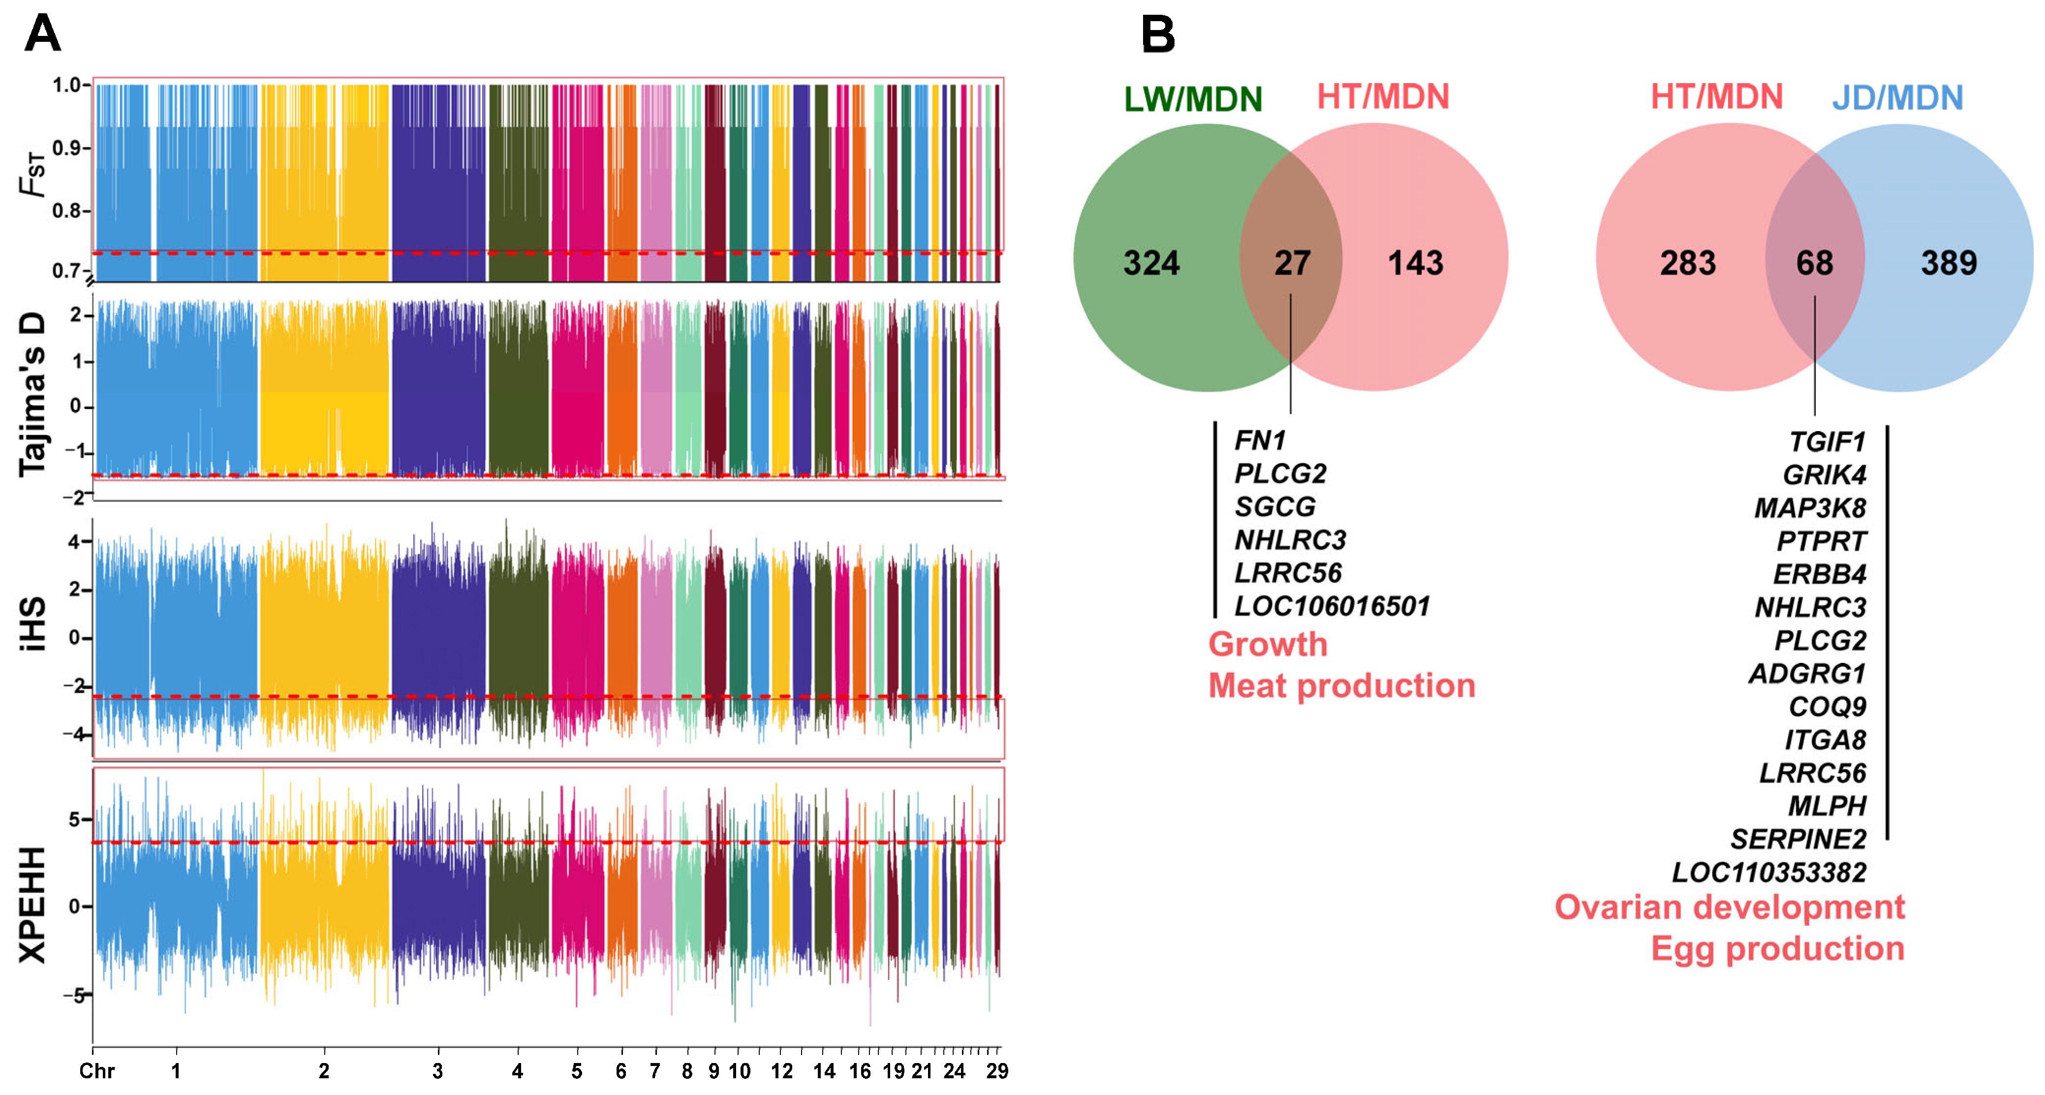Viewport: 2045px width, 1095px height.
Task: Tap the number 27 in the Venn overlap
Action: (x=1292, y=263)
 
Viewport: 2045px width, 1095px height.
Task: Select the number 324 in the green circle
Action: (x=1151, y=263)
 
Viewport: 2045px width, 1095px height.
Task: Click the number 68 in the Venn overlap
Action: (x=1814, y=263)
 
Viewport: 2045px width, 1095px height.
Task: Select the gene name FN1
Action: (x=1260, y=440)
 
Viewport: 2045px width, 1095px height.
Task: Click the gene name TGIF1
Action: (x=1827, y=441)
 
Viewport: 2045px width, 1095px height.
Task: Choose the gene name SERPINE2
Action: (x=1798, y=839)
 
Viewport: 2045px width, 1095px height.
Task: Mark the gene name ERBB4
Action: (x=1820, y=573)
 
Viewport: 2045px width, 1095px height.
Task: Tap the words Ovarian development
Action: (x=1729, y=907)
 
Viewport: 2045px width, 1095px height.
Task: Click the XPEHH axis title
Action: (x=32, y=905)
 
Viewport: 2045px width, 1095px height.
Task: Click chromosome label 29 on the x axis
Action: (x=996, y=1071)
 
